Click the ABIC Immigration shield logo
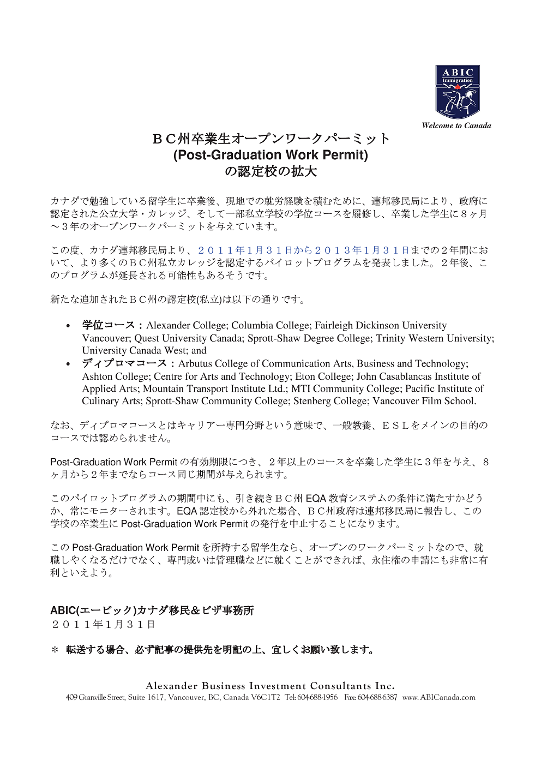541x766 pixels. click(457, 92)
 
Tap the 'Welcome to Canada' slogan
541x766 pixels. click(456, 125)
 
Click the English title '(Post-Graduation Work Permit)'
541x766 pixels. click(270, 155)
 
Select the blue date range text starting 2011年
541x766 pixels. click(303, 250)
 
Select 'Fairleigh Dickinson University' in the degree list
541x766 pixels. click(381, 326)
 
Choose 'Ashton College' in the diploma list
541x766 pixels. click(115, 376)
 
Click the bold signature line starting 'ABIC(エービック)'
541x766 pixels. click(152, 611)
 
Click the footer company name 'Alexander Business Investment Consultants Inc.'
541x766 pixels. click(270, 686)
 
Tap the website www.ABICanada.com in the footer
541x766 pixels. click(439, 697)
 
